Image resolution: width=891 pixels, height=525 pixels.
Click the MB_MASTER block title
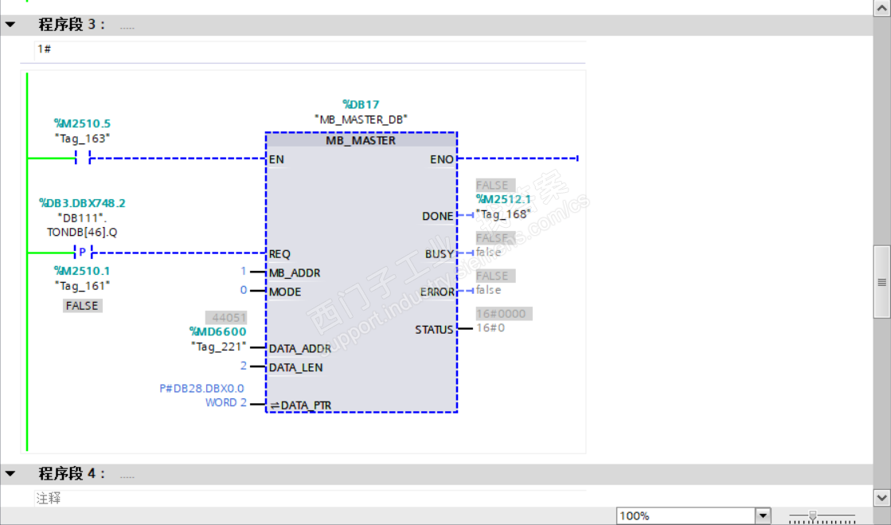coord(361,140)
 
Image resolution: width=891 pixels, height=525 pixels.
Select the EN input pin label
coord(276,159)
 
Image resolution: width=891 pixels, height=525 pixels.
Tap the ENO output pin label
coord(442,159)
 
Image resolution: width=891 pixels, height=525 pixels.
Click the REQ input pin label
coord(279,254)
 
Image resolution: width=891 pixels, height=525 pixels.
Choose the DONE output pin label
coord(438,216)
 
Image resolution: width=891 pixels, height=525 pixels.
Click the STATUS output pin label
coord(434,330)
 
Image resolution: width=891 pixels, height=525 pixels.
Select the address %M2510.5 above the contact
coord(82,123)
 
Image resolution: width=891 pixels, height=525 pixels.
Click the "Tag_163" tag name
coord(82,138)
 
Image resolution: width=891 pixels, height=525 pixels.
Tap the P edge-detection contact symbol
coord(82,253)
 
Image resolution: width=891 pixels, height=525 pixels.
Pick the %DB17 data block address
coord(361,104)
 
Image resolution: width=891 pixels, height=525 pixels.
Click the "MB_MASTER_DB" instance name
coord(361,119)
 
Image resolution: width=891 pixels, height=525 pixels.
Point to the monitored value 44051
coord(226,317)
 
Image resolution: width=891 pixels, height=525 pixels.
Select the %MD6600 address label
coord(217,331)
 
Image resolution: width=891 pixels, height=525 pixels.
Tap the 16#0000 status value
coord(500,314)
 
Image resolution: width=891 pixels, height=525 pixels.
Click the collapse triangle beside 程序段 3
coord(10,25)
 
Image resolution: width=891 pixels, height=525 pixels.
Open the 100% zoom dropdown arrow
coord(763,515)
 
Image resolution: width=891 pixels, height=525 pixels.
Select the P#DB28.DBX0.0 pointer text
coord(201,389)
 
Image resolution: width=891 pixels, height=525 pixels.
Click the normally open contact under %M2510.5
coord(82,159)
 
